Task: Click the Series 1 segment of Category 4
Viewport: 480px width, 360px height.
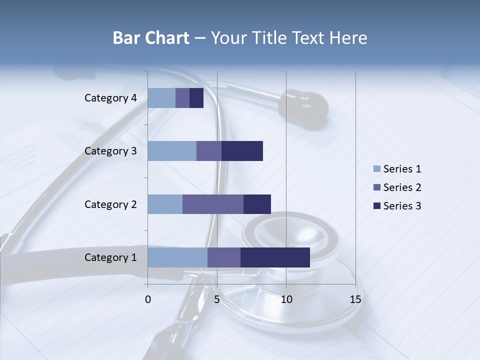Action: pyautogui.click(x=161, y=98)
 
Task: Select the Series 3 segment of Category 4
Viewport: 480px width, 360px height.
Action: pyautogui.click(x=196, y=98)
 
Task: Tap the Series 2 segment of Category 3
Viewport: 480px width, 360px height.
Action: pyautogui.click(x=209, y=151)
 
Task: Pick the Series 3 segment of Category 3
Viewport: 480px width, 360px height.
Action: pyautogui.click(x=242, y=151)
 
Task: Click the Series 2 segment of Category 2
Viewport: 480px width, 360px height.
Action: pyautogui.click(x=213, y=204)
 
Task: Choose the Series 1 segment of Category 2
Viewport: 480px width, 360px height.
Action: pyautogui.click(x=165, y=204)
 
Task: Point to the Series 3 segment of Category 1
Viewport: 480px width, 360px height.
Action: pyautogui.click(x=275, y=257)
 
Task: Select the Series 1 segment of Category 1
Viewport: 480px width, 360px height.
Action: pyautogui.click(x=177, y=257)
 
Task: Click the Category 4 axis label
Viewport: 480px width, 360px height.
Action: pyautogui.click(x=110, y=98)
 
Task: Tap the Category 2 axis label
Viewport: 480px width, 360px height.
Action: pyautogui.click(x=110, y=204)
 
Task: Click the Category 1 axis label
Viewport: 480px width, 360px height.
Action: pyautogui.click(x=110, y=257)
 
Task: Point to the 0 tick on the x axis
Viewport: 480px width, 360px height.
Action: pyautogui.click(x=148, y=299)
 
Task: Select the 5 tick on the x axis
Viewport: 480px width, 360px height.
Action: pyautogui.click(x=217, y=299)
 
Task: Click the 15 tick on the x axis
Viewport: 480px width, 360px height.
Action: pyautogui.click(x=355, y=299)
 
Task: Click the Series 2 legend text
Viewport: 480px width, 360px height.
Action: pyautogui.click(x=402, y=187)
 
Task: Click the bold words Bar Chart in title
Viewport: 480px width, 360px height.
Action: pyautogui.click(x=151, y=38)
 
